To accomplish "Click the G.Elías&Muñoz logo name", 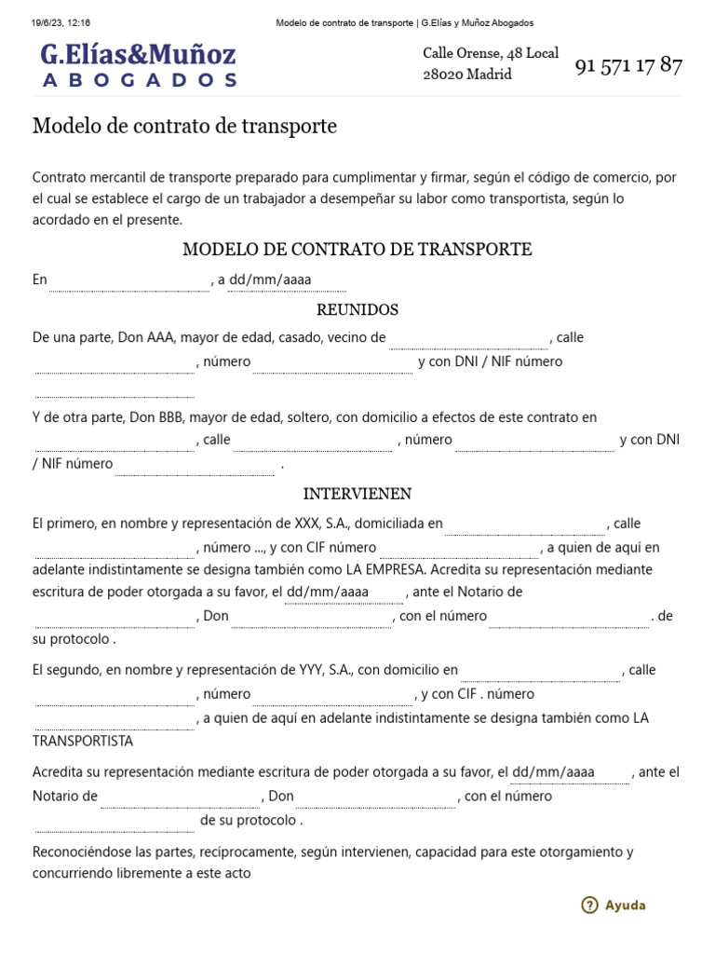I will (x=138, y=54).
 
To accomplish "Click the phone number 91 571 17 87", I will (x=628, y=66).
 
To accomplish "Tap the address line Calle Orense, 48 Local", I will (x=491, y=53).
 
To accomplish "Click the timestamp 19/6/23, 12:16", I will (x=54, y=22).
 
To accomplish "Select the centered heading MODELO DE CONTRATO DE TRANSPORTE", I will (x=357, y=250).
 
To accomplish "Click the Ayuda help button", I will (x=625, y=905).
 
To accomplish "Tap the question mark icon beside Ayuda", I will (x=589, y=905).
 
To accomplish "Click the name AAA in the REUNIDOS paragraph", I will (x=160, y=337).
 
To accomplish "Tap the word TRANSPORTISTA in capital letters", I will (x=83, y=742).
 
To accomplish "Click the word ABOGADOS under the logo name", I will (x=140, y=80).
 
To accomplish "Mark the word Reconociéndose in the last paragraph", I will (x=78, y=852).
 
